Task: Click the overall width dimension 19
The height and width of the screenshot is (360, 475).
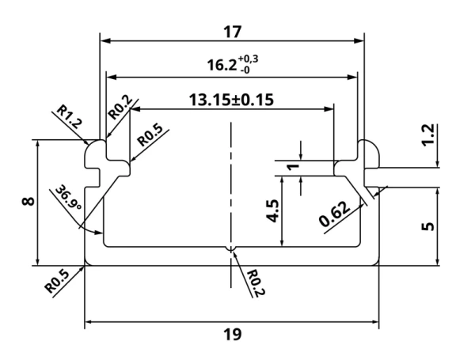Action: pyautogui.click(x=233, y=335)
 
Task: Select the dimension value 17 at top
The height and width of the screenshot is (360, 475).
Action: pyautogui.click(x=233, y=32)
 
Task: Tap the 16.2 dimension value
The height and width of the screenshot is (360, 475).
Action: pyautogui.click(x=222, y=65)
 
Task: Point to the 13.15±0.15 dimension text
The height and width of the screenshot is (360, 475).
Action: pyautogui.click(x=231, y=100)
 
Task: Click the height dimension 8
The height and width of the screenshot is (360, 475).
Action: pyautogui.click(x=28, y=201)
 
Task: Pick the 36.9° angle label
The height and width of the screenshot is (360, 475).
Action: pyautogui.click(x=68, y=198)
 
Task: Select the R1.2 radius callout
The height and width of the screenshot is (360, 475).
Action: pyautogui.click(x=70, y=116)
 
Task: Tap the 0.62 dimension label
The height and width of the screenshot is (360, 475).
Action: pyautogui.click(x=334, y=214)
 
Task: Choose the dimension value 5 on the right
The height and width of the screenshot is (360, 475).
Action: pyautogui.click(x=428, y=226)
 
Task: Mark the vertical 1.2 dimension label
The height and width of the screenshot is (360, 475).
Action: pyautogui.click(x=428, y=135)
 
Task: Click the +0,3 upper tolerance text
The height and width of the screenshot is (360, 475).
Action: pyautogui.click(x=248, y=59)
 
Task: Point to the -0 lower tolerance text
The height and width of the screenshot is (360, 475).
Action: pyautogui.click(x=245, y=70)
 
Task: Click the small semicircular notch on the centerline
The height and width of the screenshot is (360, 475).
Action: pyautogui.click(x=231, y=249)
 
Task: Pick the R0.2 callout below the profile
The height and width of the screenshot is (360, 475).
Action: pyautogui.click(x=256, y=283)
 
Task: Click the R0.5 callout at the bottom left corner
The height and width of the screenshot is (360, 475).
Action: pyautogui.click(x=57, y=282)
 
